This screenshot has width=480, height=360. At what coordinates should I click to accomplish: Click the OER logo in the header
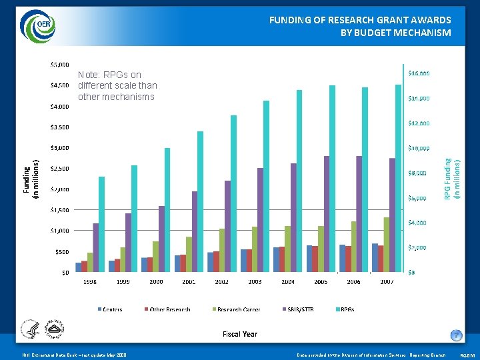(38, 25)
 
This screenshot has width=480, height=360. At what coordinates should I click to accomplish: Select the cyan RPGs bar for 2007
(398, 178)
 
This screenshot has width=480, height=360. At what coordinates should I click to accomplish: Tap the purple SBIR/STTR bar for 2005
(327, 213)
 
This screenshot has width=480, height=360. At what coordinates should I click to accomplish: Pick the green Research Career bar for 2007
(387, 244)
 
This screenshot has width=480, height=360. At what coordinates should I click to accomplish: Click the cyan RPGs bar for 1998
(101, 224)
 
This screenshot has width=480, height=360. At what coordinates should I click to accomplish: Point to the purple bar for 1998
(95, 247)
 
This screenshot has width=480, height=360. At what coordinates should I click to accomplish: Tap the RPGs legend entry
(347, 309)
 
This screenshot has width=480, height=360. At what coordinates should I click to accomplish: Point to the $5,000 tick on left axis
(59, 65)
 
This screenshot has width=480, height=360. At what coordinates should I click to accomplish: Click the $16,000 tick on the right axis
(419, 73)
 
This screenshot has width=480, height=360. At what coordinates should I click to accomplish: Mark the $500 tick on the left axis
(61, 251)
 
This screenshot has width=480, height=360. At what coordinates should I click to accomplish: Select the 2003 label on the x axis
(255, 282)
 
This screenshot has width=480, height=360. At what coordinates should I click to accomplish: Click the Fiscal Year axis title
(240, 334)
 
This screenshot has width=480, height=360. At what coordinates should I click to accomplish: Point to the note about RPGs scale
(117, 86)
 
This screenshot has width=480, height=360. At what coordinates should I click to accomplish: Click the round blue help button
(456, 335)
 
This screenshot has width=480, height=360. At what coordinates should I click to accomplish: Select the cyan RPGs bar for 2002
(233, 193)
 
